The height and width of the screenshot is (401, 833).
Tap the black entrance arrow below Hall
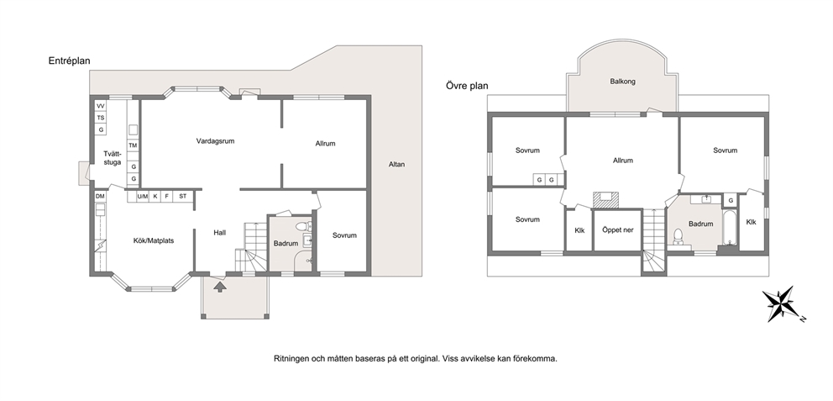tap(219, 288)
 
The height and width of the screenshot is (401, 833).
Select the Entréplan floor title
tap(69, 61)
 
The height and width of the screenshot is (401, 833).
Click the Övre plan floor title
tap(467, 86)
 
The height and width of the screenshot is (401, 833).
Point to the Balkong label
tap(622, 82)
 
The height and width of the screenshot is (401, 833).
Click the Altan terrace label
tap(396, 164)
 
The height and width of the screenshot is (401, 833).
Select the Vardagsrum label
tap(215, 141)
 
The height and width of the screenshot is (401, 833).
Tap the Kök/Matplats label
tap(154, 241)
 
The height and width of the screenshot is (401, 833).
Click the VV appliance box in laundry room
tap(101, 106)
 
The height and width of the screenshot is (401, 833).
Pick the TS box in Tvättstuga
tap(101, 118)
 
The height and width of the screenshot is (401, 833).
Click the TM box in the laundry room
tap(133, 145)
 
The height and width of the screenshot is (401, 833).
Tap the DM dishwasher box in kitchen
tap(100, 196)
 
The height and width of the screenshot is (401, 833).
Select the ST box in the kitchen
tap(183, 196)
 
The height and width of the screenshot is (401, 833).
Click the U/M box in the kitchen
tap(143, 196)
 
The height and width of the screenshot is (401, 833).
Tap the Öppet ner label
tap(617, 230)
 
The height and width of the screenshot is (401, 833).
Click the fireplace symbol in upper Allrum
tap(605, 198)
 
